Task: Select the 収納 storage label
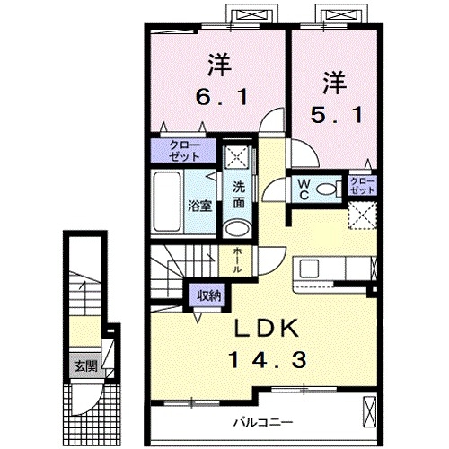[x=206, y=294]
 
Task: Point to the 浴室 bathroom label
[x=198, y=206]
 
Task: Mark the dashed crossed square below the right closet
[x=363, y=216]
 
